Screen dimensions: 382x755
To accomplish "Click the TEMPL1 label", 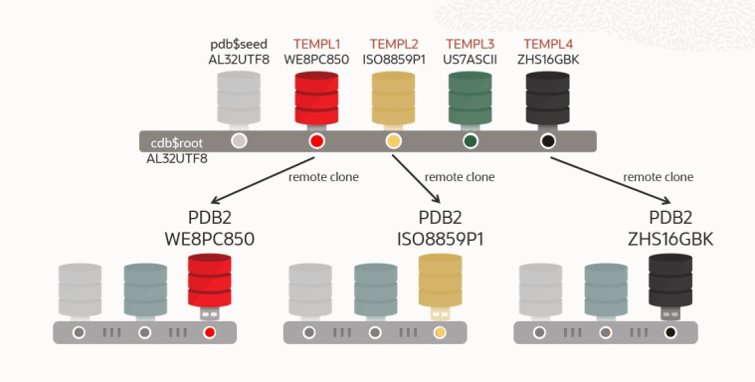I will click(316, 44).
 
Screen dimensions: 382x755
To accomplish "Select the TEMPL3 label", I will click(470, 44).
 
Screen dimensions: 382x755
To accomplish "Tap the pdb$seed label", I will click(239, 44).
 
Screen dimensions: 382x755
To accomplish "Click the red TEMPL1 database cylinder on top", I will click(317, 97).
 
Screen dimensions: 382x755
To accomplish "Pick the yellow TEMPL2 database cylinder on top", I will click(394, 97).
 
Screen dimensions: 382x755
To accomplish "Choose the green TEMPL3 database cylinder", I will click(471, 97).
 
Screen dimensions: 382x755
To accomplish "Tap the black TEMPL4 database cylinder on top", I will click(547, 97).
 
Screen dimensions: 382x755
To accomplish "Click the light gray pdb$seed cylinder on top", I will click(239, 97).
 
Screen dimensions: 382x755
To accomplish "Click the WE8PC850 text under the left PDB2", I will click(210, 239).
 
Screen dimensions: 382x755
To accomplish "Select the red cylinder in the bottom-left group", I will click(209, 285).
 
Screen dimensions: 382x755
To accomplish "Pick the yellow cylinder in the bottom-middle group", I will click(440, 285).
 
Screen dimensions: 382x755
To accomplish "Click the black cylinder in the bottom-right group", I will click(670, 285).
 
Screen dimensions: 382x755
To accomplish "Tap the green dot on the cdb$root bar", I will click(471, 141).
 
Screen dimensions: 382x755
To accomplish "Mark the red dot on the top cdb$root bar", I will click(317, 141).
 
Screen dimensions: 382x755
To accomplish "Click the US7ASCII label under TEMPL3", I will click(470, 59).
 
